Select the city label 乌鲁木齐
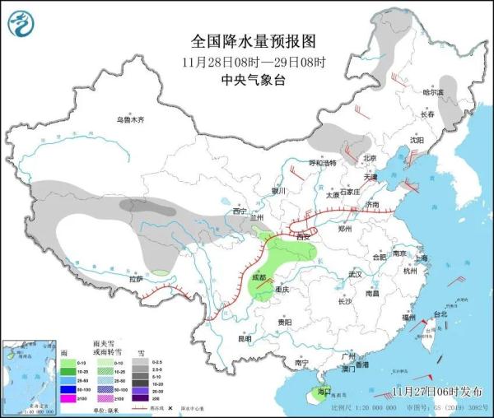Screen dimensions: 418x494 [129, 120]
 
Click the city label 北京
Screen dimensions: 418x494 [369, 158]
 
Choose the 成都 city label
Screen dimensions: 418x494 [259, 279]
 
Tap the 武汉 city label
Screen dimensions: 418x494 [356, 273]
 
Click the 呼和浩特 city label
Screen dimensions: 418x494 [322, 163]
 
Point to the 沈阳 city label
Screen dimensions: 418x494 [417, 140]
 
